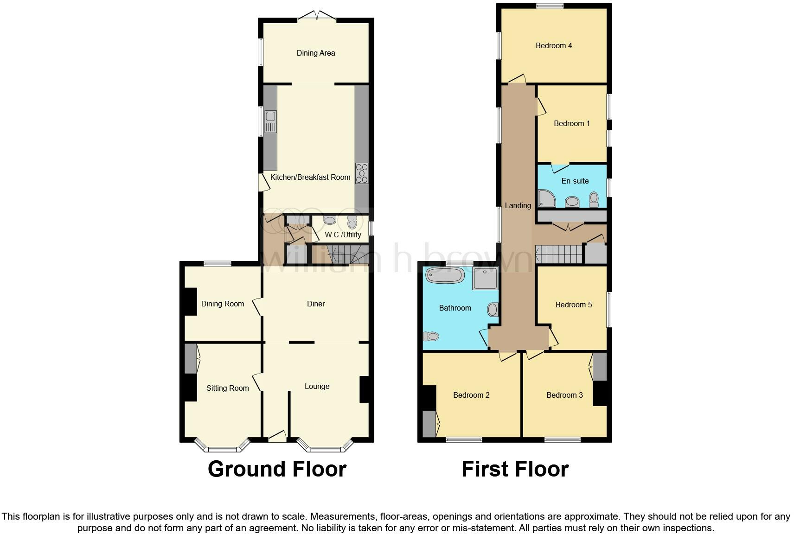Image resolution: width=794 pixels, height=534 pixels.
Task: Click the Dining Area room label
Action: point(316,53)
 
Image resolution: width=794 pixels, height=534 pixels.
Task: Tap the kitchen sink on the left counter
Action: point(270,121)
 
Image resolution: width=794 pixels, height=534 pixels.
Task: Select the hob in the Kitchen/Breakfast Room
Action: point(362,173)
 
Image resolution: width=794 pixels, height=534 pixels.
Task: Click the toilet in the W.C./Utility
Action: point(352,223)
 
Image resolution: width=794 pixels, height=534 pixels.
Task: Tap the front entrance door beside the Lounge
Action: point(277,436)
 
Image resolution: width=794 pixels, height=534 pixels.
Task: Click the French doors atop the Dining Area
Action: point(316,17)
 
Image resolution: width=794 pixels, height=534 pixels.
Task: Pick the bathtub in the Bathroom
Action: point(445,275)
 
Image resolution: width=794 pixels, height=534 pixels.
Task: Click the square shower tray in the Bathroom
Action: point(485,278)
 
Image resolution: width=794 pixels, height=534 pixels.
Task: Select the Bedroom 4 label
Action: point(554,45)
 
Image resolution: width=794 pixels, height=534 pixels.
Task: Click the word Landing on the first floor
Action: point(518,205)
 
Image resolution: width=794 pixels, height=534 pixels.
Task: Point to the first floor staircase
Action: point(559,254)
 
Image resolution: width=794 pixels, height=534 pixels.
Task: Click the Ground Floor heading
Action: point(277,469)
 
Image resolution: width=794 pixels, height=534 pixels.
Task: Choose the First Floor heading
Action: point(515,469)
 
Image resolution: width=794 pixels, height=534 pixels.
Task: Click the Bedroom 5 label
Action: point(574,305)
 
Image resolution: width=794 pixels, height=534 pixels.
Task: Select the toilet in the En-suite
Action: point(594,199)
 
